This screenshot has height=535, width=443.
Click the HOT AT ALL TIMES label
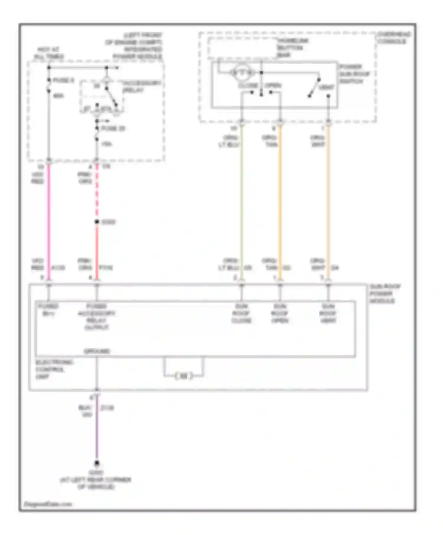[x=49, y=53]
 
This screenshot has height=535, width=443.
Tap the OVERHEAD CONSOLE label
[x=394, y=38]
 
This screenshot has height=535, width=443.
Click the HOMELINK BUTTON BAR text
[x=292, y=47]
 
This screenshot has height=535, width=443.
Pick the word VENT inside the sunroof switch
[x=326, y=87]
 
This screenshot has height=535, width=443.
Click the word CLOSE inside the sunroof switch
[x=248, y=86]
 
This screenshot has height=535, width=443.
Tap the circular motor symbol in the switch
[x=242, y=73]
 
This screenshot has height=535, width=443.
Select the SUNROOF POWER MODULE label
[x=385, y=293]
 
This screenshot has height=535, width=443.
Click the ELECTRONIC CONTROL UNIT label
[x=54, y=369]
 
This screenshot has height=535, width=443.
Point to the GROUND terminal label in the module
[x=97, y=351]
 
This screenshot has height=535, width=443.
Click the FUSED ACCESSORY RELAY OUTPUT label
[x=97, y=317]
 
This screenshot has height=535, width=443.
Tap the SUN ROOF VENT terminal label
[x=328, y=313]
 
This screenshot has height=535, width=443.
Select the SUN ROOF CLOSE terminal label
[x=241, y=313]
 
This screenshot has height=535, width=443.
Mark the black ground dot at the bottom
[x=97, y=463]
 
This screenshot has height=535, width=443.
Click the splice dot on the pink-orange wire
[x=97, y=222]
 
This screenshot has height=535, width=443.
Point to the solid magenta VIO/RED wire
[x=49, y=221]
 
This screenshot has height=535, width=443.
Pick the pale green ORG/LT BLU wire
[x=242, y=201]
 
